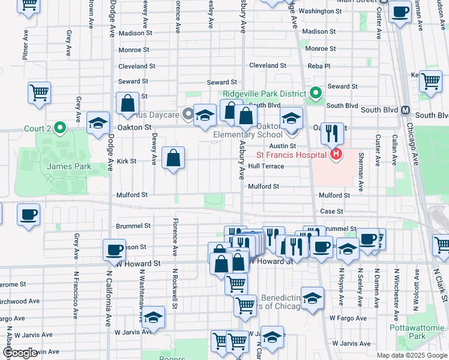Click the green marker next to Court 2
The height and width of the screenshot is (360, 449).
point(59,128)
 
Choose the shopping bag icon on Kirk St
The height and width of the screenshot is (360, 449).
point(173,158)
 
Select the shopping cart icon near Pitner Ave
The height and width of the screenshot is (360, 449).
point(39,93)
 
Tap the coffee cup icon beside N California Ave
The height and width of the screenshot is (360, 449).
point(114,250)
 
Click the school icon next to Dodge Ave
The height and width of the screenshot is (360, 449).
point(98,123)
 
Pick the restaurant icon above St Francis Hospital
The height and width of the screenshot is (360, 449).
point(331,132)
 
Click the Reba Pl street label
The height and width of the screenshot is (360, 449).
point(319,66)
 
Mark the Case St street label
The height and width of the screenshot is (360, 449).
point(331,211)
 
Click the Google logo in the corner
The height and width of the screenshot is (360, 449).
point(20,353)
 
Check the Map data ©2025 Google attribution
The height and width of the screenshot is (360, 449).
point(411,355)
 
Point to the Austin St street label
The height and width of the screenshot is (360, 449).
point(282,146)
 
